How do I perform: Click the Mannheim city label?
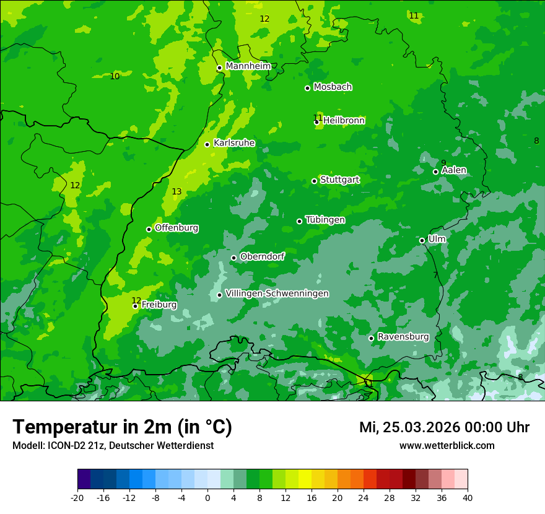point(248,66)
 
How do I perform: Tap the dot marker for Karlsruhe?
point(207,144)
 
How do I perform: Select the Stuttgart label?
point(339,180)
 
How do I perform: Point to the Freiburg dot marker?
point(135,306)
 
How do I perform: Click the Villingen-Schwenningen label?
point(277,294)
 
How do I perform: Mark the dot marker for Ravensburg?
point(372,338)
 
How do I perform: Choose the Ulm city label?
point(437,239)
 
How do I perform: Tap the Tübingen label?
point(325,220)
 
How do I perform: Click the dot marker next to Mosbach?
point(307,88)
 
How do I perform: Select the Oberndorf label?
point(262,256)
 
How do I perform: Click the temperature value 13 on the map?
point(177,192)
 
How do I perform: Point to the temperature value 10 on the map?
point(115,76)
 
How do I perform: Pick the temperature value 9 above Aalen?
point(443,163)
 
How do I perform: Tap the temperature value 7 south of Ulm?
point(435,275)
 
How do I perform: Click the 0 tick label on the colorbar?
point(207,498)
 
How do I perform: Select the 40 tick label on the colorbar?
point(467,498)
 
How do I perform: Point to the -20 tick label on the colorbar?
point(77,498)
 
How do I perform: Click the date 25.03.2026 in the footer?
point(421,427)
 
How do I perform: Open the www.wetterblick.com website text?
point(447,446)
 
